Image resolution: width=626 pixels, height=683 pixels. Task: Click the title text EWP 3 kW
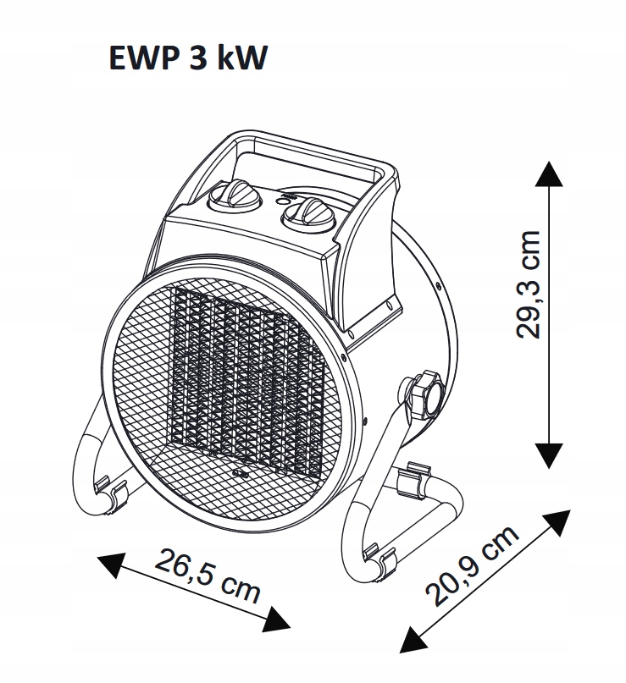[x=188, y=60]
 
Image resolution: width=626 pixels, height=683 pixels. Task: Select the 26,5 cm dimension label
[x=207, y=576]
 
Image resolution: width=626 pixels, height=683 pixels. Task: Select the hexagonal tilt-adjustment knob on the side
[x=421, y=394]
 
